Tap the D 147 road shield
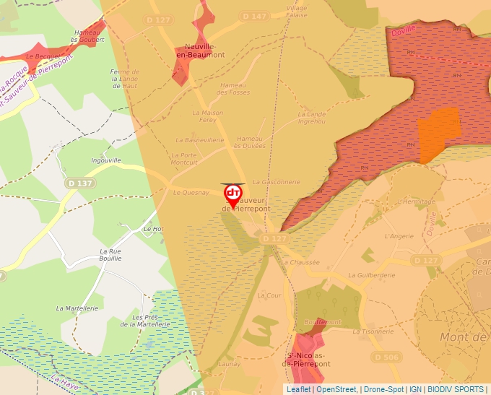[255, 16]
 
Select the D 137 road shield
[79, 183]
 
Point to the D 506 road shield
[386, 357]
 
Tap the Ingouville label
[106, 160]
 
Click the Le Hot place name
[154, 229]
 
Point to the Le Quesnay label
[191, 193]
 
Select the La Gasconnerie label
[277, 182]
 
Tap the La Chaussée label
[300, 262]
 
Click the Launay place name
[230, 364]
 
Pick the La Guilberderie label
[372, 275]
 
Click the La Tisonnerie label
[374, 331]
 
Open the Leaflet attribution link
[298, 389]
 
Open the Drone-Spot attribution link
[383, 389]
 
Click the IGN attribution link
[416, 389]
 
